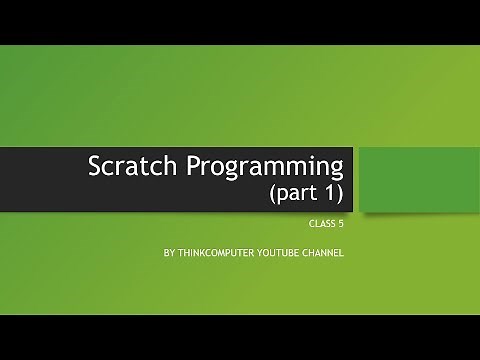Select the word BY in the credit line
point(170,253)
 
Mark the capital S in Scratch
point(93,165)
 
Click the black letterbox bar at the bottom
point(240,337)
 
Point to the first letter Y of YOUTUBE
point(264,253)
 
